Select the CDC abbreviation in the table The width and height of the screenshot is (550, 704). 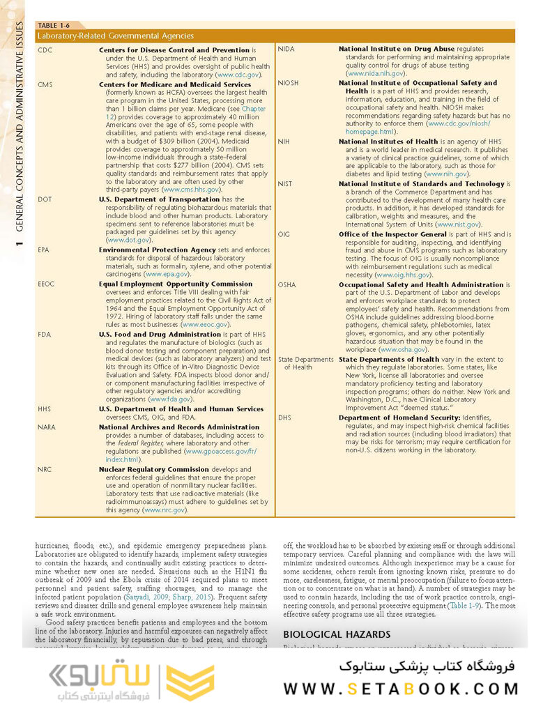coord(45,50)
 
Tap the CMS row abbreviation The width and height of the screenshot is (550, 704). coord(45,84)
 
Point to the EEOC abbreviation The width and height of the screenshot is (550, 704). coord(47,284)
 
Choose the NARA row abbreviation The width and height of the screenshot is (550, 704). coord(47,427)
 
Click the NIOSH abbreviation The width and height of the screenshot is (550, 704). coord(288,83)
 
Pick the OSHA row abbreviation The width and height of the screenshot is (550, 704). coord(287,284)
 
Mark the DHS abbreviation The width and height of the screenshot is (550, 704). coord(284,417)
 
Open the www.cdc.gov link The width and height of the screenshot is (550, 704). coord(238,73)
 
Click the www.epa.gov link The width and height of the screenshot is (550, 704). coord(166,274)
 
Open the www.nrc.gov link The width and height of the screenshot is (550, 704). coord(165,510)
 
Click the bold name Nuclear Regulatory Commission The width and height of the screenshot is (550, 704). coord(153,470)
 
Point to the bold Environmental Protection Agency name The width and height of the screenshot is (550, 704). coord(157,249)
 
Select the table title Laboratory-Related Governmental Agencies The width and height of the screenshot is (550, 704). coord(115,36)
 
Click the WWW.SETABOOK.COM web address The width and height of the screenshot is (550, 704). coord(400,689)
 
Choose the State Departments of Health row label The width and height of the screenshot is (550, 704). coord(305,363)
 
